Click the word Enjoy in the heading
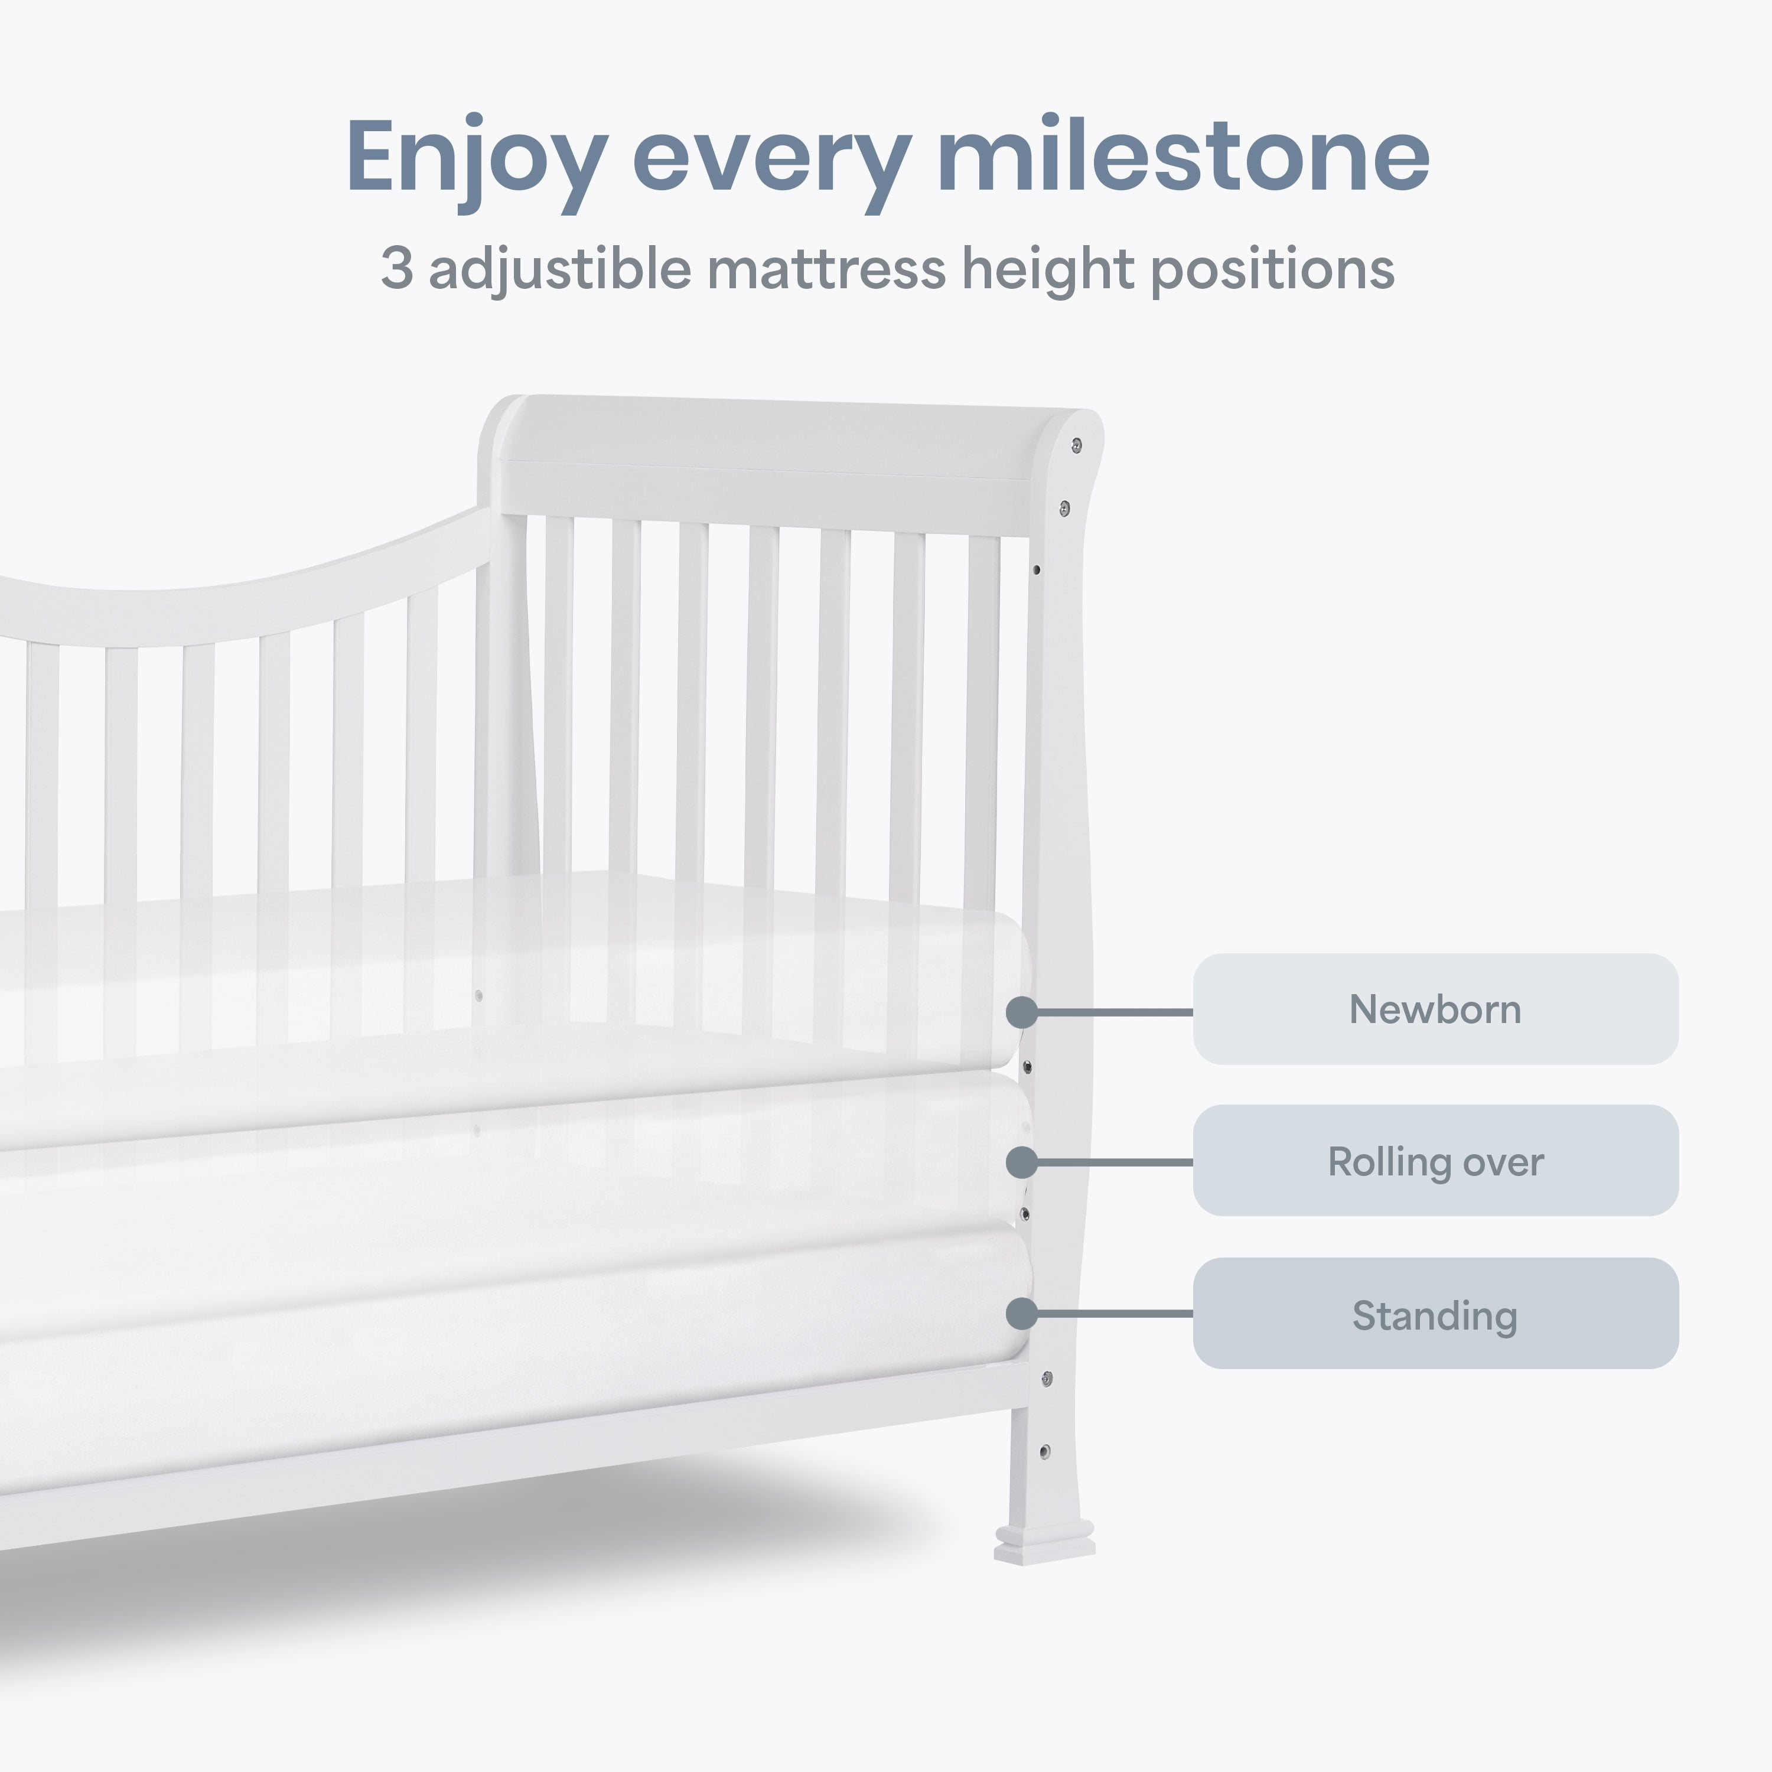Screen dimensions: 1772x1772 click(477, 163)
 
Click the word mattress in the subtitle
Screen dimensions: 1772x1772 click(826, 270)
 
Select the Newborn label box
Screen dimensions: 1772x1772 click(1435, 1009)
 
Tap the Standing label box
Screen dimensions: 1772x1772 click(1435, 1314)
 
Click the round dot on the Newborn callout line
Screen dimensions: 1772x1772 click(1022, 1012)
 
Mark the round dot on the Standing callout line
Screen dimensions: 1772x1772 click(1022, 1314)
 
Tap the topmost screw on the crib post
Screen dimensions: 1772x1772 click(1077, 446)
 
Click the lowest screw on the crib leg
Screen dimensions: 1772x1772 click(1045, 1451)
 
